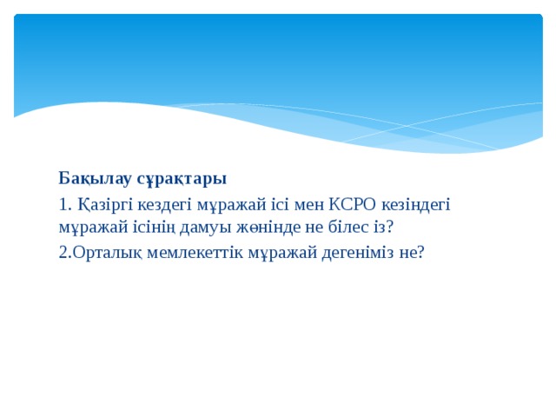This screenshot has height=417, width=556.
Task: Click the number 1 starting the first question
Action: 63,206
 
